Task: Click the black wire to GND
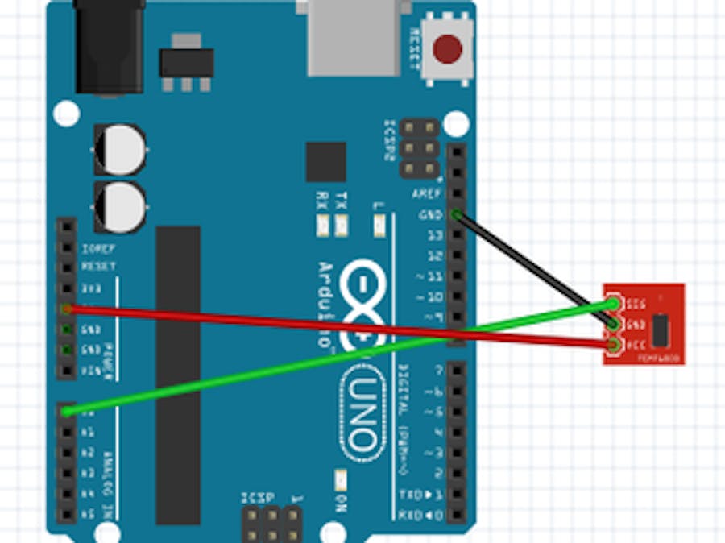pos(532,266)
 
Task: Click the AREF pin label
pos(426,194)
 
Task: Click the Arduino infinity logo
pos(367,303)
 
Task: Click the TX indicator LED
pos(341,226)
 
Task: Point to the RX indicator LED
pos(322,226)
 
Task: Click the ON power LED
pos(341,481)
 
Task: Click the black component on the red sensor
pos(661,328)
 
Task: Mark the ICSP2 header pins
pos(420,148)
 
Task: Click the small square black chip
pos(325,162)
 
